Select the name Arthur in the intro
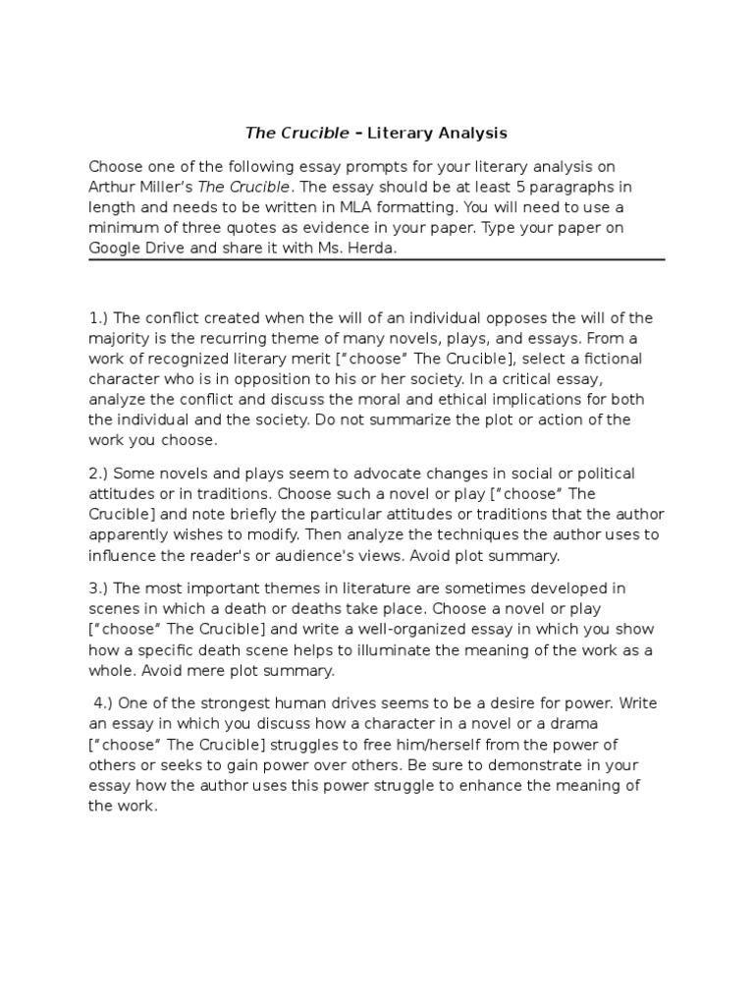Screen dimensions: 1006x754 (x=113, y=187)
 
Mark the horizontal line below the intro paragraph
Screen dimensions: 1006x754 (x=377, y=260)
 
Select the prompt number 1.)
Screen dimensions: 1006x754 (x=100, y=318)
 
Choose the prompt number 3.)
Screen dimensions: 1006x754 (x=100, y=588)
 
